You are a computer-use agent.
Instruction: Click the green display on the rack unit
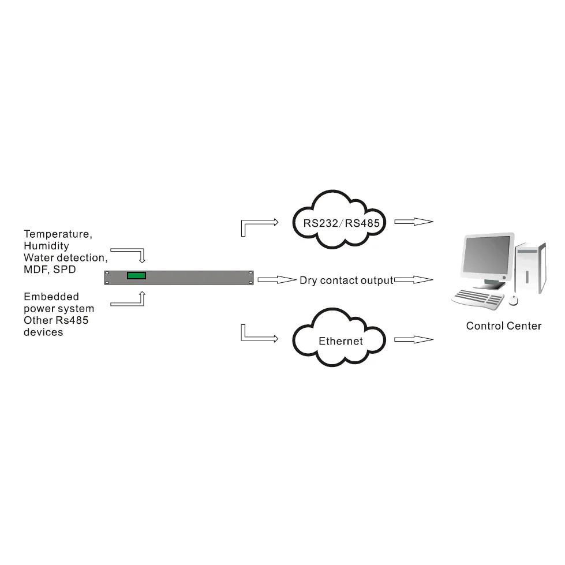coord(136,275)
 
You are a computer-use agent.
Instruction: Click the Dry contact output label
coord(346,280)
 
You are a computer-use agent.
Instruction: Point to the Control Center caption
coord(503,326)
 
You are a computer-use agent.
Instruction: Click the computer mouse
coord(513,300)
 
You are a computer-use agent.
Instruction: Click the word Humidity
coord(46,246)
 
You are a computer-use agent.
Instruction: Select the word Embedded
coord(51,297)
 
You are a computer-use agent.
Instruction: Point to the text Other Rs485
coord(56,320)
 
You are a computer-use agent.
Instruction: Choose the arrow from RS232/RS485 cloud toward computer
coord(414,221)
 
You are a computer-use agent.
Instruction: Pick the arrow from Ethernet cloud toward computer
coord(414,340)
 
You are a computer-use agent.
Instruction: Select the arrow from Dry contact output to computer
coord(414,280)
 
